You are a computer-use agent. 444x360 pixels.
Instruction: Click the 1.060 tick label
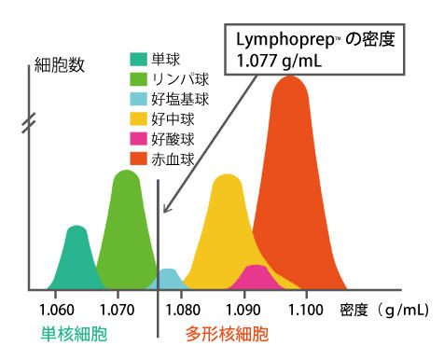point(58,309)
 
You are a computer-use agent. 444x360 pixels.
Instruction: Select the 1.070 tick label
point(118,309)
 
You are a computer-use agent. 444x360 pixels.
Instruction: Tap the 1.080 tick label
point(181,309)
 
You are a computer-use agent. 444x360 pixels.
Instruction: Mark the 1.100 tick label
point(305,309)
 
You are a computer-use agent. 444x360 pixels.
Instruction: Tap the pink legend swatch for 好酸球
point(138,139)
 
